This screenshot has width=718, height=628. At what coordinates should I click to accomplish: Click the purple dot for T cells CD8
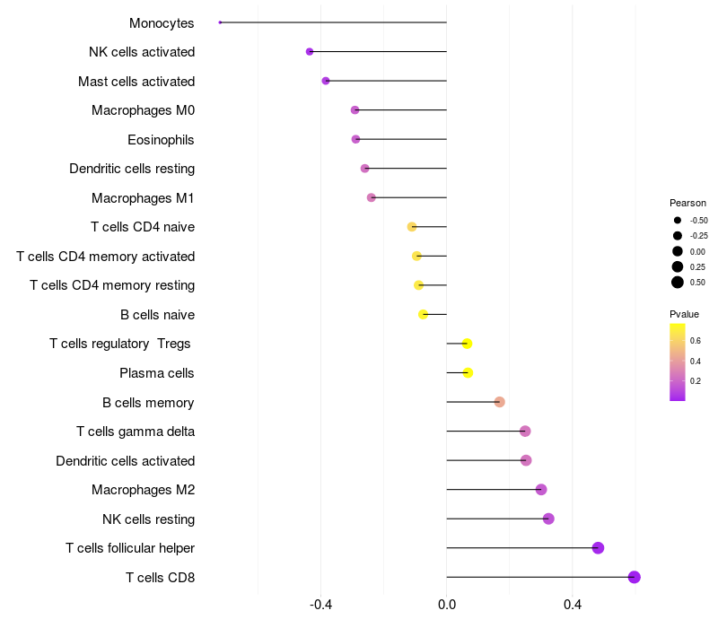635,577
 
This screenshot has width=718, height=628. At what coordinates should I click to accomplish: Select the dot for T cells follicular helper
598,548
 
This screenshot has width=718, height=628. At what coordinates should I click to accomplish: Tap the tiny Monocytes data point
220,22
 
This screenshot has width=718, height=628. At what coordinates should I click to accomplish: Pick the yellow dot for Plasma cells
468,373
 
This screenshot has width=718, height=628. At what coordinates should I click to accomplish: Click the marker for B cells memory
500,402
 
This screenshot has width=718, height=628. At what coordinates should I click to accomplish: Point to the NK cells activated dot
310,52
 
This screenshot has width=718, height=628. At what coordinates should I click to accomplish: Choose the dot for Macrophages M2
541,490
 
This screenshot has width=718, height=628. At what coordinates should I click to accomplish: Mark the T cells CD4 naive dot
412,227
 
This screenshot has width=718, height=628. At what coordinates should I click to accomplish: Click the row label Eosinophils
161,140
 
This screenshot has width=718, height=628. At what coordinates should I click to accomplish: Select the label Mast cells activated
136,82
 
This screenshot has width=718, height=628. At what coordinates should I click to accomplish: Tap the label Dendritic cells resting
132,169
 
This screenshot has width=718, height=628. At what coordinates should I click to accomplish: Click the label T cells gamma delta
136,432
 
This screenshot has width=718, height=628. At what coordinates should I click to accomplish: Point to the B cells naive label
157,315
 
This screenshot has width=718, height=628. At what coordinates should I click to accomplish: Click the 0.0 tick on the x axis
447,606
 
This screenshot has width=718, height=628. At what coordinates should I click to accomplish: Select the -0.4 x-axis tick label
321,606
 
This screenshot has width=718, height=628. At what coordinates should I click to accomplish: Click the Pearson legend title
687,203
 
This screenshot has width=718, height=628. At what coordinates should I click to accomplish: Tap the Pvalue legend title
684,314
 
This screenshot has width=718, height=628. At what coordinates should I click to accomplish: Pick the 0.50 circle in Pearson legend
678,283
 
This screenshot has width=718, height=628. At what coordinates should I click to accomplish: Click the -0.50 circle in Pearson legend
678,220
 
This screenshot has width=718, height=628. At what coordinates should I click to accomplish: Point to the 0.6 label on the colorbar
696,341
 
